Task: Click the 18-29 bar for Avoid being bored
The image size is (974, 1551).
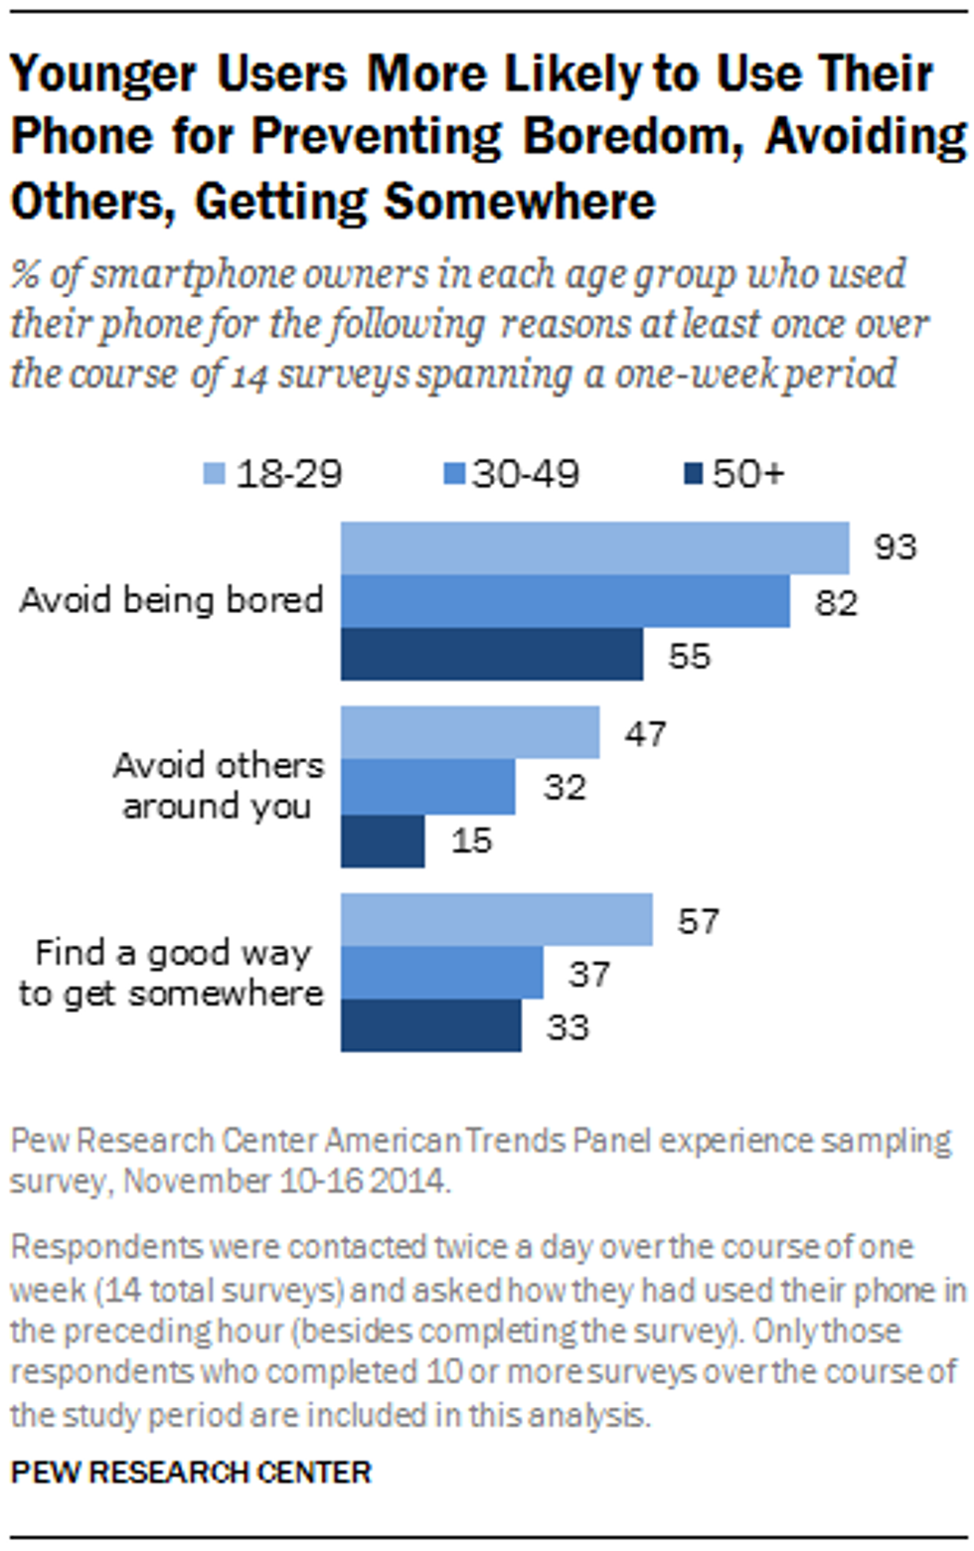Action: click(x=594, y=547)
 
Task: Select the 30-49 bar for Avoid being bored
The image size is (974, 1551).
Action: click(x=565, y=601)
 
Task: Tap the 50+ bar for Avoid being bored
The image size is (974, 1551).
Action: click(x=491, y=655)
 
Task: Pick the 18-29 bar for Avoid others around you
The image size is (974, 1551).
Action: click(x=470, y=732)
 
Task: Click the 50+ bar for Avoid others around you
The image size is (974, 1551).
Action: click(x=383, y=841)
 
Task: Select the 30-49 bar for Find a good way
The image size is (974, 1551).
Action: click(x=442, y=973)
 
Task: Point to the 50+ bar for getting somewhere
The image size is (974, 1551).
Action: click(x=430, y=1025)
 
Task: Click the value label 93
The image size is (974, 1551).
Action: click(x=894, y=547)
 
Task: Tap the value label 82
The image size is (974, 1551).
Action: click(x=835, y=602)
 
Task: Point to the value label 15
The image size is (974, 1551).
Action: click(x=471, y=841)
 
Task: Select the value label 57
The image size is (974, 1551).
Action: click(x=698, y=921)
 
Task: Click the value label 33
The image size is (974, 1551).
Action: click(x=568, y=1026)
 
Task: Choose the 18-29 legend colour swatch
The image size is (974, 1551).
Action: click(x=215, y=474)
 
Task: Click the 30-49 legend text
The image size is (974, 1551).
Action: click(x=526, y=474)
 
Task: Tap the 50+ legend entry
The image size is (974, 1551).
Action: click(x=736, y=474)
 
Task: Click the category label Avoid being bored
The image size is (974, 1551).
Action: click(x=172, y=600)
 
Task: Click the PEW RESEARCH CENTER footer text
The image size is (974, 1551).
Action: click(x=191, y=1472)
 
